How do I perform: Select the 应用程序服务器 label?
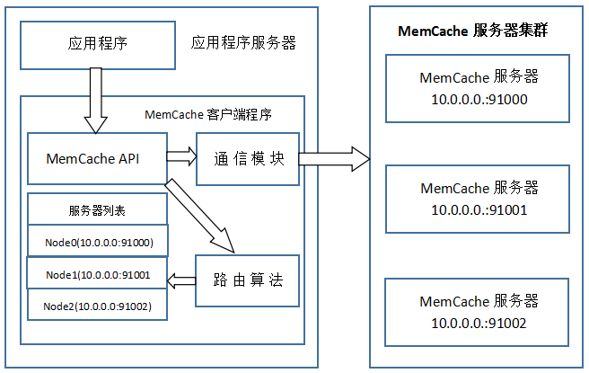(x=243, y=43)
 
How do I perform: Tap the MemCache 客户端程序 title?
(x=208, y=115)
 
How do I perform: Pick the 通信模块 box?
(x=249, y=158)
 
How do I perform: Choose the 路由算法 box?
(x=249, y=280)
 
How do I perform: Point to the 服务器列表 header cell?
(x=98, y=210)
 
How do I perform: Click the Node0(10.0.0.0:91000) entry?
(x=98, y=242)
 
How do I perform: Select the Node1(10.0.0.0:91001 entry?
(x=98, y=273)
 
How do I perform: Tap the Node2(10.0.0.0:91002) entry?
(x=98, y=306)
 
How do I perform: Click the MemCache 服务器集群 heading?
(x=473, y=31)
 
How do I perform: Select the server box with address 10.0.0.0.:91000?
(x=479, y=88)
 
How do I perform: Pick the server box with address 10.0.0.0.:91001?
(x=479, y=199)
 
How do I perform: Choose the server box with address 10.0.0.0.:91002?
(x=479, y=312)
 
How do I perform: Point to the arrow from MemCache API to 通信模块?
(x=181, y=156)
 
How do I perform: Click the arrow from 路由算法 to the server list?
(x=183, y=280)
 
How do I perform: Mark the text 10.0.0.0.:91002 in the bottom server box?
(x=479, y=323)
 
